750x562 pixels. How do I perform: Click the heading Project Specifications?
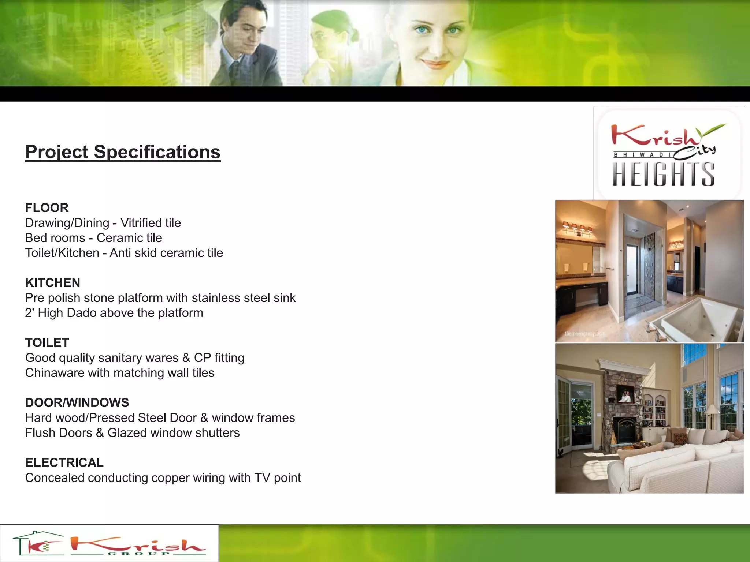click(x=123, y=152)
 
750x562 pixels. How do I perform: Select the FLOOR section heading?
click(x=47, y=208)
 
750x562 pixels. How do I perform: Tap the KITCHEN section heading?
click(x=53, y=283)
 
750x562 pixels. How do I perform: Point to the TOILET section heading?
click(x=47, y=343)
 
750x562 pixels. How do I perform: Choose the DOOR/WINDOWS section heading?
click(x=77, y=403)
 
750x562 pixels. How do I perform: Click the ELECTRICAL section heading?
click(x=64, y=463)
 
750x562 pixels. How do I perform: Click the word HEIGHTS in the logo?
click(x=664, y=175)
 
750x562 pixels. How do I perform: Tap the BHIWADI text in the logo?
click(x=643, y=155)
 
